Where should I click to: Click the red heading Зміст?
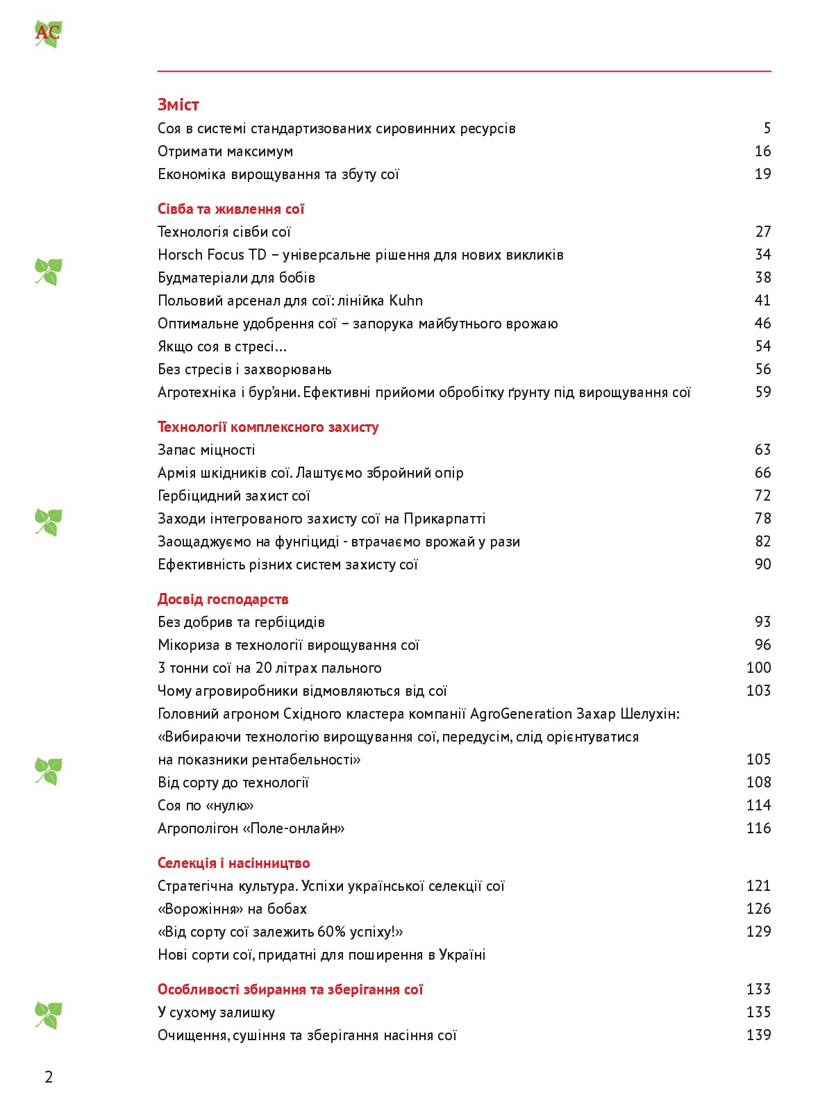click(178, 105)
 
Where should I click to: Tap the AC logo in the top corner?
click(47, 33)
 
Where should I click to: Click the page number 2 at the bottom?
click(49, 1077)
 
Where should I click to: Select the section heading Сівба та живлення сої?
click(231, 209)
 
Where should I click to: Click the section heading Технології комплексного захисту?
click(268, 427)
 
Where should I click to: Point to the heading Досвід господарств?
click(223, 599)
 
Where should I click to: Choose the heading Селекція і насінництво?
click(233, 863)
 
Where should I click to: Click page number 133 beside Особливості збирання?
click(758, 990)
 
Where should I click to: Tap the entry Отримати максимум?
click(225, 151)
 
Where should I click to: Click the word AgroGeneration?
click(521, 714)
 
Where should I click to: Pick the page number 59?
click(762, 392)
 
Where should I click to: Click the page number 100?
click(758, 668)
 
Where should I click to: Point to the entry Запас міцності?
click(206, 450)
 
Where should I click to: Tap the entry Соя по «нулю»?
click(206, 805)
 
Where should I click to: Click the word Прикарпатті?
click(444, 519)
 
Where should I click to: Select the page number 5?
click(767, 128)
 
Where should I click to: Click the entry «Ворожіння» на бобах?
click(232, 909)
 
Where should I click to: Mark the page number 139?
click(758, 1035)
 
